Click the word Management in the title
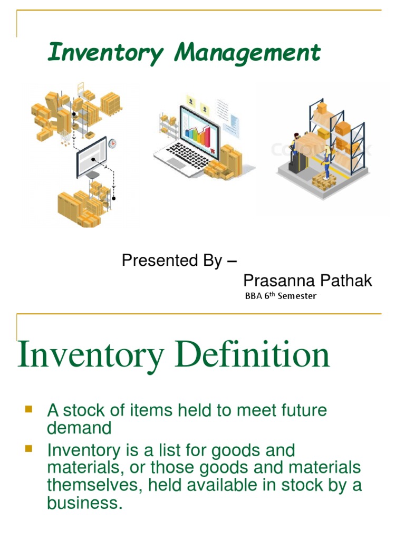click(x=248, y=53)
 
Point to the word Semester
click(x=297, y=296)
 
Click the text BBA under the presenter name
click(x=254, y=296)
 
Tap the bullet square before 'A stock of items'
click(x=28, y=409)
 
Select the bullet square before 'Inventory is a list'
click(x=28, y=449)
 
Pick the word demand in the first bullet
click(x=79, y=428)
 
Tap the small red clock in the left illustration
click(x=112, y=143)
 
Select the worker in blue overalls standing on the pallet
click(x=327, y=164)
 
